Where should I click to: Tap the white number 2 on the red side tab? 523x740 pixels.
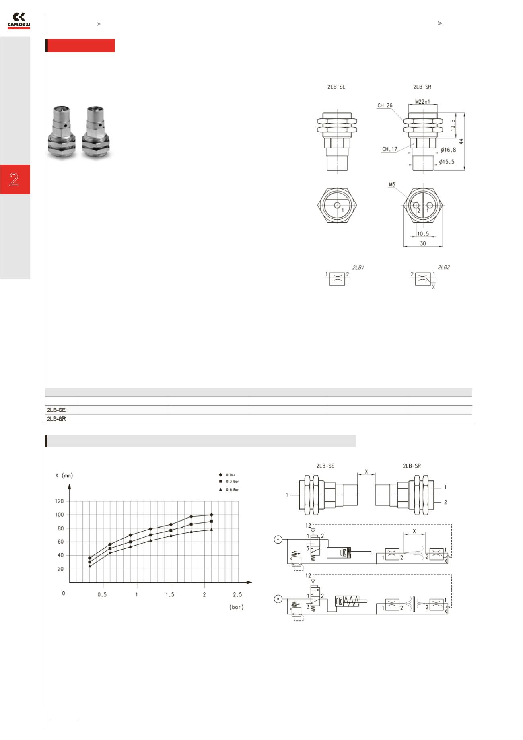[14, 179]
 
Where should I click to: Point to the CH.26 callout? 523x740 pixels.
[385, 106]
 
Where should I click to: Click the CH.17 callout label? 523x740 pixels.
[389, 149]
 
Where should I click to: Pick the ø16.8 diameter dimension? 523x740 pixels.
[448, 150]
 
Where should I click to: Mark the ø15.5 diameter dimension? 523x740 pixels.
[447, 162]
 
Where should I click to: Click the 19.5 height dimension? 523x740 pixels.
[453, 125]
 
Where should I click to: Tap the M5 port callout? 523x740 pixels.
[392, 185]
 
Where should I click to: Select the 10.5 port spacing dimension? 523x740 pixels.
[423, 233]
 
